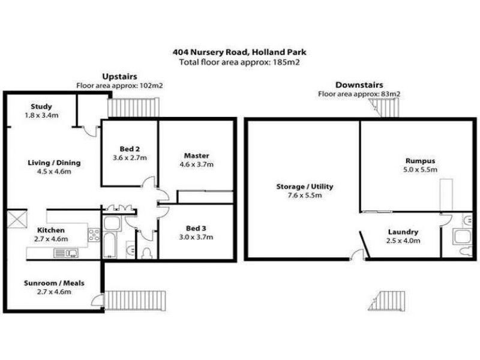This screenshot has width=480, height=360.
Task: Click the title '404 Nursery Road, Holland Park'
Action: click(x=239, y=53)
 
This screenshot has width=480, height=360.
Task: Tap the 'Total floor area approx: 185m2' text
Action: click(x=239, y=62)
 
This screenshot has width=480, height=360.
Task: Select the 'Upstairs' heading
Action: click(x=120, y=77)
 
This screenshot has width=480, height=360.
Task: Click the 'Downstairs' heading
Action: click(x=359, y=85)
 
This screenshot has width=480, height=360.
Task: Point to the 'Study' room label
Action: click(x=41, y=107)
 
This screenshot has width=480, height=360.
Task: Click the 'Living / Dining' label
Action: click(x=55, y=163)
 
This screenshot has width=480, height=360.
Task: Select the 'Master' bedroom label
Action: click(x=196, y=156)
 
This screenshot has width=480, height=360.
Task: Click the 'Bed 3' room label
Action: click(x=196, y=229)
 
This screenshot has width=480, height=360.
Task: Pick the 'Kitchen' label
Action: click(x=50, y=230)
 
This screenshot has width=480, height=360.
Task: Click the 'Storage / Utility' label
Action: click(x=304, y=187)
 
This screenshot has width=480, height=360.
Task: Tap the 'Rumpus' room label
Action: click(x=420, y=161)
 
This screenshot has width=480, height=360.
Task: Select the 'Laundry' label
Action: click(x=403, y=232)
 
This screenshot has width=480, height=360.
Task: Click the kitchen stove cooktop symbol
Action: click(x=94, y=235)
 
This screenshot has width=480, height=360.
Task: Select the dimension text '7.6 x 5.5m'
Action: click(x=304, y=195)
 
